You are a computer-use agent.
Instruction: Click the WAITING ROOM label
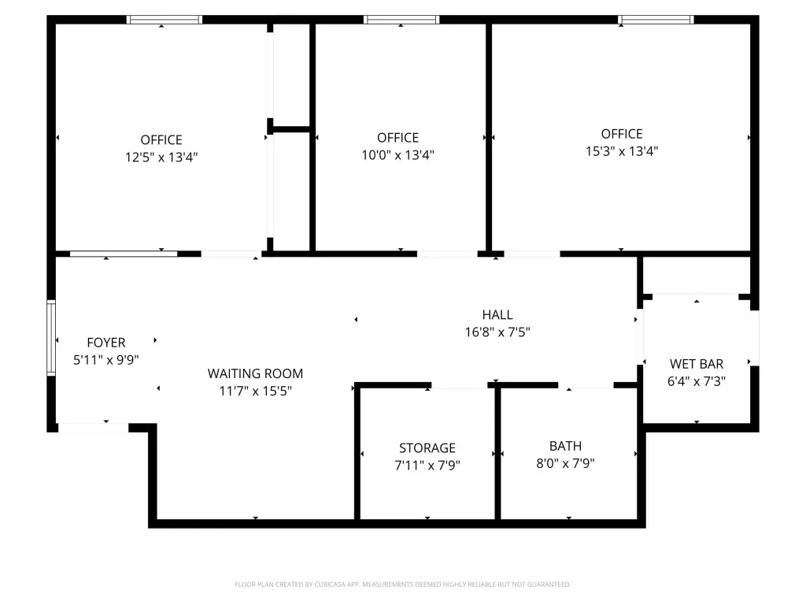click(256, 373)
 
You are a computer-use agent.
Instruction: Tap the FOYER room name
click(106, 343)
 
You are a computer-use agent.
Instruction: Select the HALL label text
click(497, 315)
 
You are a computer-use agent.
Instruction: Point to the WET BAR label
click(697, 364)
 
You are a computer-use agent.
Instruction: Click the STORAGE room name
click(427, 448)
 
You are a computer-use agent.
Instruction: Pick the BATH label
click(565, 446)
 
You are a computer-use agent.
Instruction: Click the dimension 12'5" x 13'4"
click(161, 158)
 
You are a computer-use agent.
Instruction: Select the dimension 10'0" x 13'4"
click(397, 155)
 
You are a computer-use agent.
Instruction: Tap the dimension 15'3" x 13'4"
click(622, 151)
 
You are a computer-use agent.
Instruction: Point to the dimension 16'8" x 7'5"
click(497, 332)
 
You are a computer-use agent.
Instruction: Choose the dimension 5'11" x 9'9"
click(106, 360)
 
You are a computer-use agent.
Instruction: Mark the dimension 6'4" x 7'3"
click(697, 382)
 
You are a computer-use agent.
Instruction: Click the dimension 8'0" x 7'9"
click(565, 463)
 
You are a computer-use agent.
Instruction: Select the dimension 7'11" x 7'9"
click(427, 466)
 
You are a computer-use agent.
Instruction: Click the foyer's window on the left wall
click(51, 338)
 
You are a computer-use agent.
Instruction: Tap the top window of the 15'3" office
click(656, 20)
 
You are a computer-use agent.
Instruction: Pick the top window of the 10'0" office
click(401, 20)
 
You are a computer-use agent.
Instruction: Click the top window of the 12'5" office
click(165, 20)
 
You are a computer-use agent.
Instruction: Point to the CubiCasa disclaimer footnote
click(402, 585)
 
